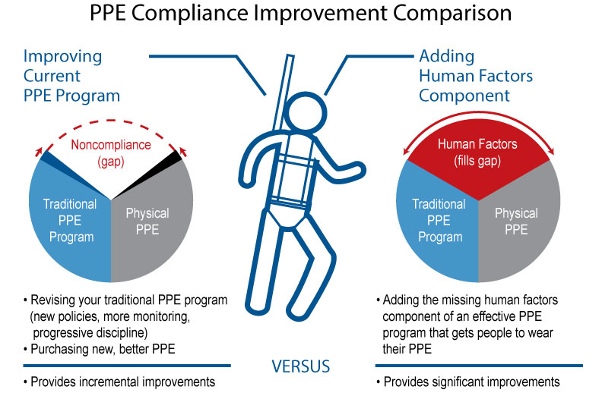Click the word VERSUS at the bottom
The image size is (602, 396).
pos(301,367)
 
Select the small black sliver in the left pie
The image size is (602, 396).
pos(176,157)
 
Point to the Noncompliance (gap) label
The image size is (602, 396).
pos(111,152)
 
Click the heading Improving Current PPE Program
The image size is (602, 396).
pos(71,76)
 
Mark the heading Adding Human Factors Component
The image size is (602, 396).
pos(476,76)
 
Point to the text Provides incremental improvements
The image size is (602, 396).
pos(122,382)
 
